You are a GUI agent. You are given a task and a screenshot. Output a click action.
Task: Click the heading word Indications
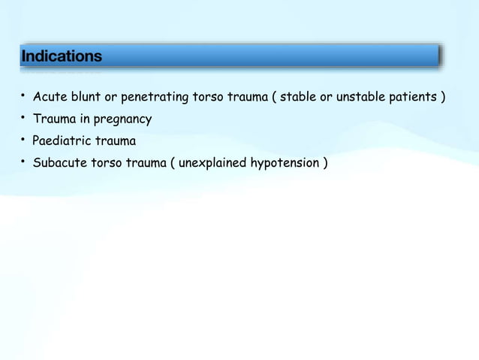click(62, 57)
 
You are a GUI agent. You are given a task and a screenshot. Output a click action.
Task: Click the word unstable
click(363, 98)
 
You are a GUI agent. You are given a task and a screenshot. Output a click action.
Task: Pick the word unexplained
click(214, 163)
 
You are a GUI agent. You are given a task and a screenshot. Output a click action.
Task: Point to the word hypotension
click(284, 163)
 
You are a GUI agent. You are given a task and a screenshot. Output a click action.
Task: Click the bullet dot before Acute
click(23, 96)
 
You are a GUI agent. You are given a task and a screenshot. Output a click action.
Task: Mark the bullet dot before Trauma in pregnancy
click(23, 118)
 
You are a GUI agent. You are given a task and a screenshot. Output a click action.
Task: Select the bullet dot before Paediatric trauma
click(23, 140)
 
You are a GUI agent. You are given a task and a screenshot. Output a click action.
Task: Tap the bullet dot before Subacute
click(23, 162)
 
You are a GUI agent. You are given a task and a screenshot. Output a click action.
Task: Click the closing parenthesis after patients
click(443, 98)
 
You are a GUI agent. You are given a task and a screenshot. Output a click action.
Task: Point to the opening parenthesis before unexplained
click(173, 163)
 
